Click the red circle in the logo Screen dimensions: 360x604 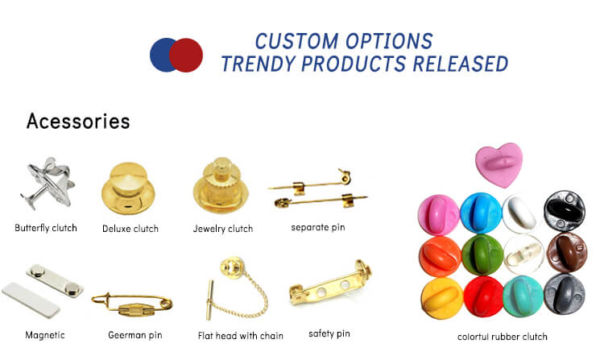pyautogui.click(x=187, y=55)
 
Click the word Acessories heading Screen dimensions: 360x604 pyautogui.click(x=77, y=122)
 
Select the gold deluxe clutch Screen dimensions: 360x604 pyautogui.click(x=130, y=188)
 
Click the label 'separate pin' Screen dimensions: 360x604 pyautogui.click(x=317, y=227)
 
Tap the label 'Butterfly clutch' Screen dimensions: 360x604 pyautogui.click(x=46, y=228)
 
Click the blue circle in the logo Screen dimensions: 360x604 pyautogui.click(x=163, y=55)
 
